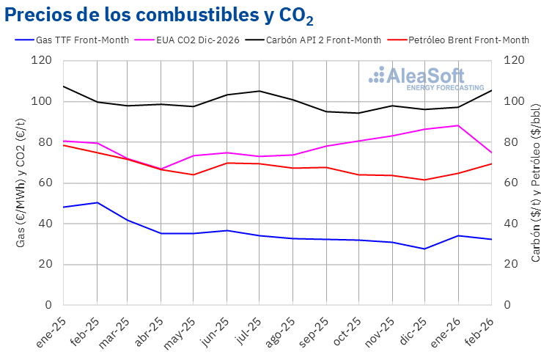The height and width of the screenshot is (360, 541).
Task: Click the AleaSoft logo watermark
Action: [425, 78]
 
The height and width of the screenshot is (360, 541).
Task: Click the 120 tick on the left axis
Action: [42, 61]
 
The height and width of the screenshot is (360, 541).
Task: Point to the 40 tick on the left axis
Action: [45, 224]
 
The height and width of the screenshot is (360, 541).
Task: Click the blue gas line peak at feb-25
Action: [97, 202]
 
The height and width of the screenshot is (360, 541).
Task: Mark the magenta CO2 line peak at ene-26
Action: [458, 125]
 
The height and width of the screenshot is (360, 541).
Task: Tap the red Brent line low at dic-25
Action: [425, 180]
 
